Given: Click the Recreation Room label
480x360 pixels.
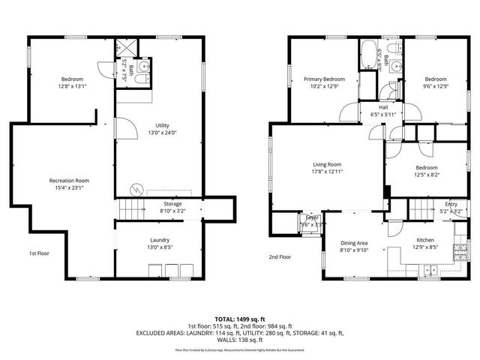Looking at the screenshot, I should pos(69,181).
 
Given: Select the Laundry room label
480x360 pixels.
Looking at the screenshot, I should pos(159,240).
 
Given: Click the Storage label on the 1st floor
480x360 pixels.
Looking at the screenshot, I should pos(173,203).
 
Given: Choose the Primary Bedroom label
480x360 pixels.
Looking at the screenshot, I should pos(324,79).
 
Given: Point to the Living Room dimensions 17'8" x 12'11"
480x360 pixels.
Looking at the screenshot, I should pos(327,172).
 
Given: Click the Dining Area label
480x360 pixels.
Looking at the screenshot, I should pos(354,242).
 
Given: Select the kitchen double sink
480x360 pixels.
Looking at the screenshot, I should pos(430,268).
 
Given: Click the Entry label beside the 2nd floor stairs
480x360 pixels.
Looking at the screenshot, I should pos(451,203).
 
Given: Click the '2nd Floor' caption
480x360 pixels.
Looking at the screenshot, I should pos(280,256).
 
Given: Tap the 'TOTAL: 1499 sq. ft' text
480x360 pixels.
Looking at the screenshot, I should pos(239,319).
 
